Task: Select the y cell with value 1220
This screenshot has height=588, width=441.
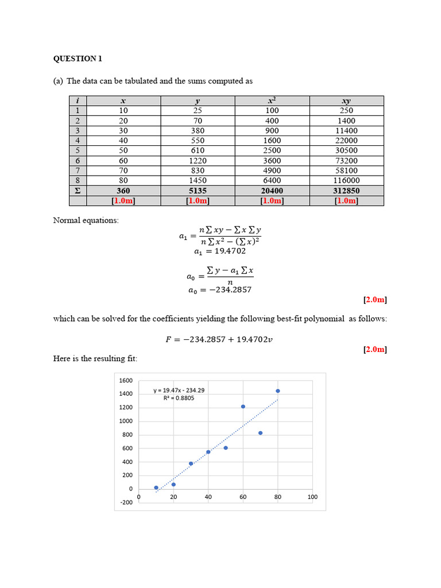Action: [198, 161]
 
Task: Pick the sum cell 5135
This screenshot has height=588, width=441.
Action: [198, 191]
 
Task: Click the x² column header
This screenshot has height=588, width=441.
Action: [272, 101]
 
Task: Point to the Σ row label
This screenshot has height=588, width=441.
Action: [78, 191]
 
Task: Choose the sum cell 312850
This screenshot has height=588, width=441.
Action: [346, 191]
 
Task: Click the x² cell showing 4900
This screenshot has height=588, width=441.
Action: [272, 171]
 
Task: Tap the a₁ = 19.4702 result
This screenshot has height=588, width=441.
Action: [220, 251]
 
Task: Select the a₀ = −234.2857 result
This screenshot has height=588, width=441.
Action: [220, 290]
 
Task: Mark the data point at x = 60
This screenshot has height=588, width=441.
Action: [243, 407]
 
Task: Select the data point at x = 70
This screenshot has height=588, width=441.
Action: [260, 433]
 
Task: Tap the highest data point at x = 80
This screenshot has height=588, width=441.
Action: [278, 391]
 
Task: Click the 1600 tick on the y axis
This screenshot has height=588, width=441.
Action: [126, 380]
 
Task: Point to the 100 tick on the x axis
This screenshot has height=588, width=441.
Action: [312, 497]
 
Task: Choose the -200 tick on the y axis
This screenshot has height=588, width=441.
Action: [126, 502]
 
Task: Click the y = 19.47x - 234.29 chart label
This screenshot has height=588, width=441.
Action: [179, 390]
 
